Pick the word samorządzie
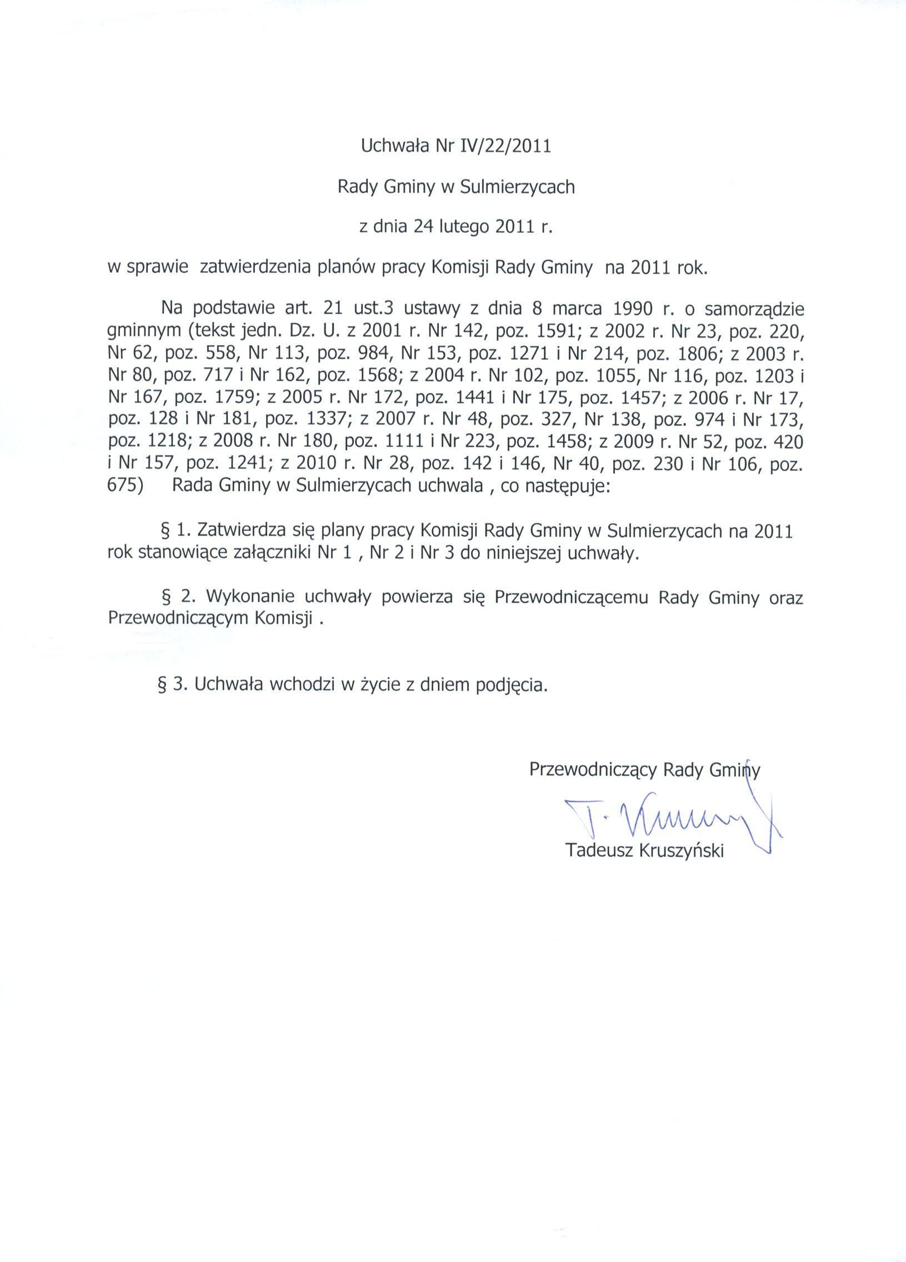point(748,309)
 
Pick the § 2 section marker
point(172,596)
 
